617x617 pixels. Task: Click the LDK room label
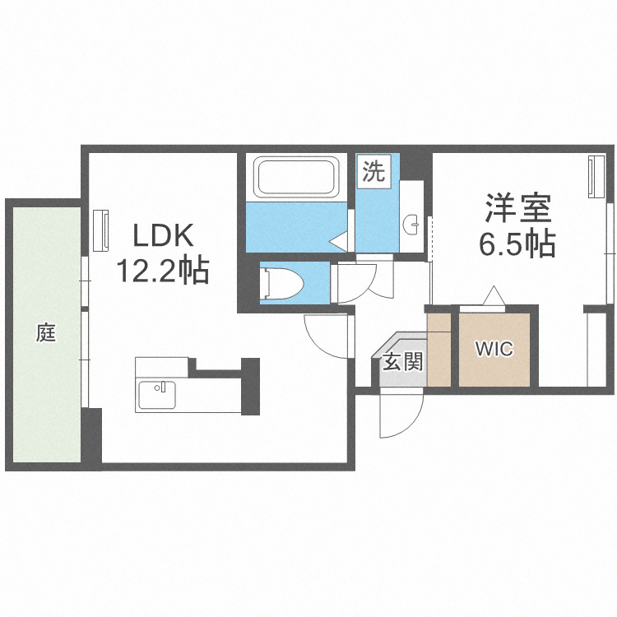point(164,237)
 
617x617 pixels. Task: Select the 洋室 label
point(517,208)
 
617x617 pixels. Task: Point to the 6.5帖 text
point(517,243)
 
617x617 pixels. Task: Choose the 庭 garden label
point(45,333)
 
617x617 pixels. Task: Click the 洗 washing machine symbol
point(373,173)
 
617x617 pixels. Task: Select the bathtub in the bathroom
point(295,176)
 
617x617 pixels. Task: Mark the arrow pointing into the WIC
point(493,295)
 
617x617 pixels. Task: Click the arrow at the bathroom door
point(340,240)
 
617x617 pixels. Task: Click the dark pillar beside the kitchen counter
point(249,386)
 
